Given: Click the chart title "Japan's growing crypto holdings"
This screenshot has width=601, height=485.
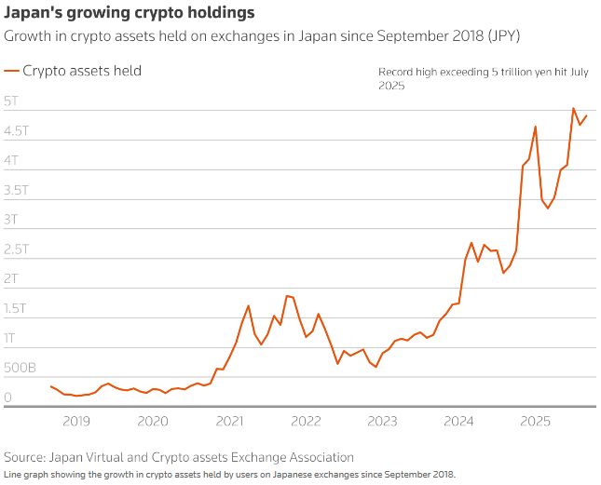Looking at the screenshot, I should (128, 15).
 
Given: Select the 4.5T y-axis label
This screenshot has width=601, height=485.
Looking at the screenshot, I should (18, 130).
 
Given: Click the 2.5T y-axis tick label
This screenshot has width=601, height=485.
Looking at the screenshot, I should (18, 249).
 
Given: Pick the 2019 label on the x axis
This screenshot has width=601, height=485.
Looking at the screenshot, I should (76, 421).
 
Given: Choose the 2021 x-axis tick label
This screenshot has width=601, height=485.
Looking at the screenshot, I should (229, 421).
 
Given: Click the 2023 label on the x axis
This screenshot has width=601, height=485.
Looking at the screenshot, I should (382, 421).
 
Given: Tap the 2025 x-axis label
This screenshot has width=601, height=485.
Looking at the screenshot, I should (536, 421).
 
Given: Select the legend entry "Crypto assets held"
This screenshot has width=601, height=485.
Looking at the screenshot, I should (81, 70).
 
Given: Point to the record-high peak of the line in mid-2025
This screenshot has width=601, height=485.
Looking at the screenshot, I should (573, 109).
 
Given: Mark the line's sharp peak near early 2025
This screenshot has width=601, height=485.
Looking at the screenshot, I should (535, 127).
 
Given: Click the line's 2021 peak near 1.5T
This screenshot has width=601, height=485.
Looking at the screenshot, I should (249, 305).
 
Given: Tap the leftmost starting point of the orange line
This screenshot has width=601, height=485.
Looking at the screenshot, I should (50, 385).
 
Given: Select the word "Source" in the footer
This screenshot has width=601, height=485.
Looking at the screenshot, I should (26, 457).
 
